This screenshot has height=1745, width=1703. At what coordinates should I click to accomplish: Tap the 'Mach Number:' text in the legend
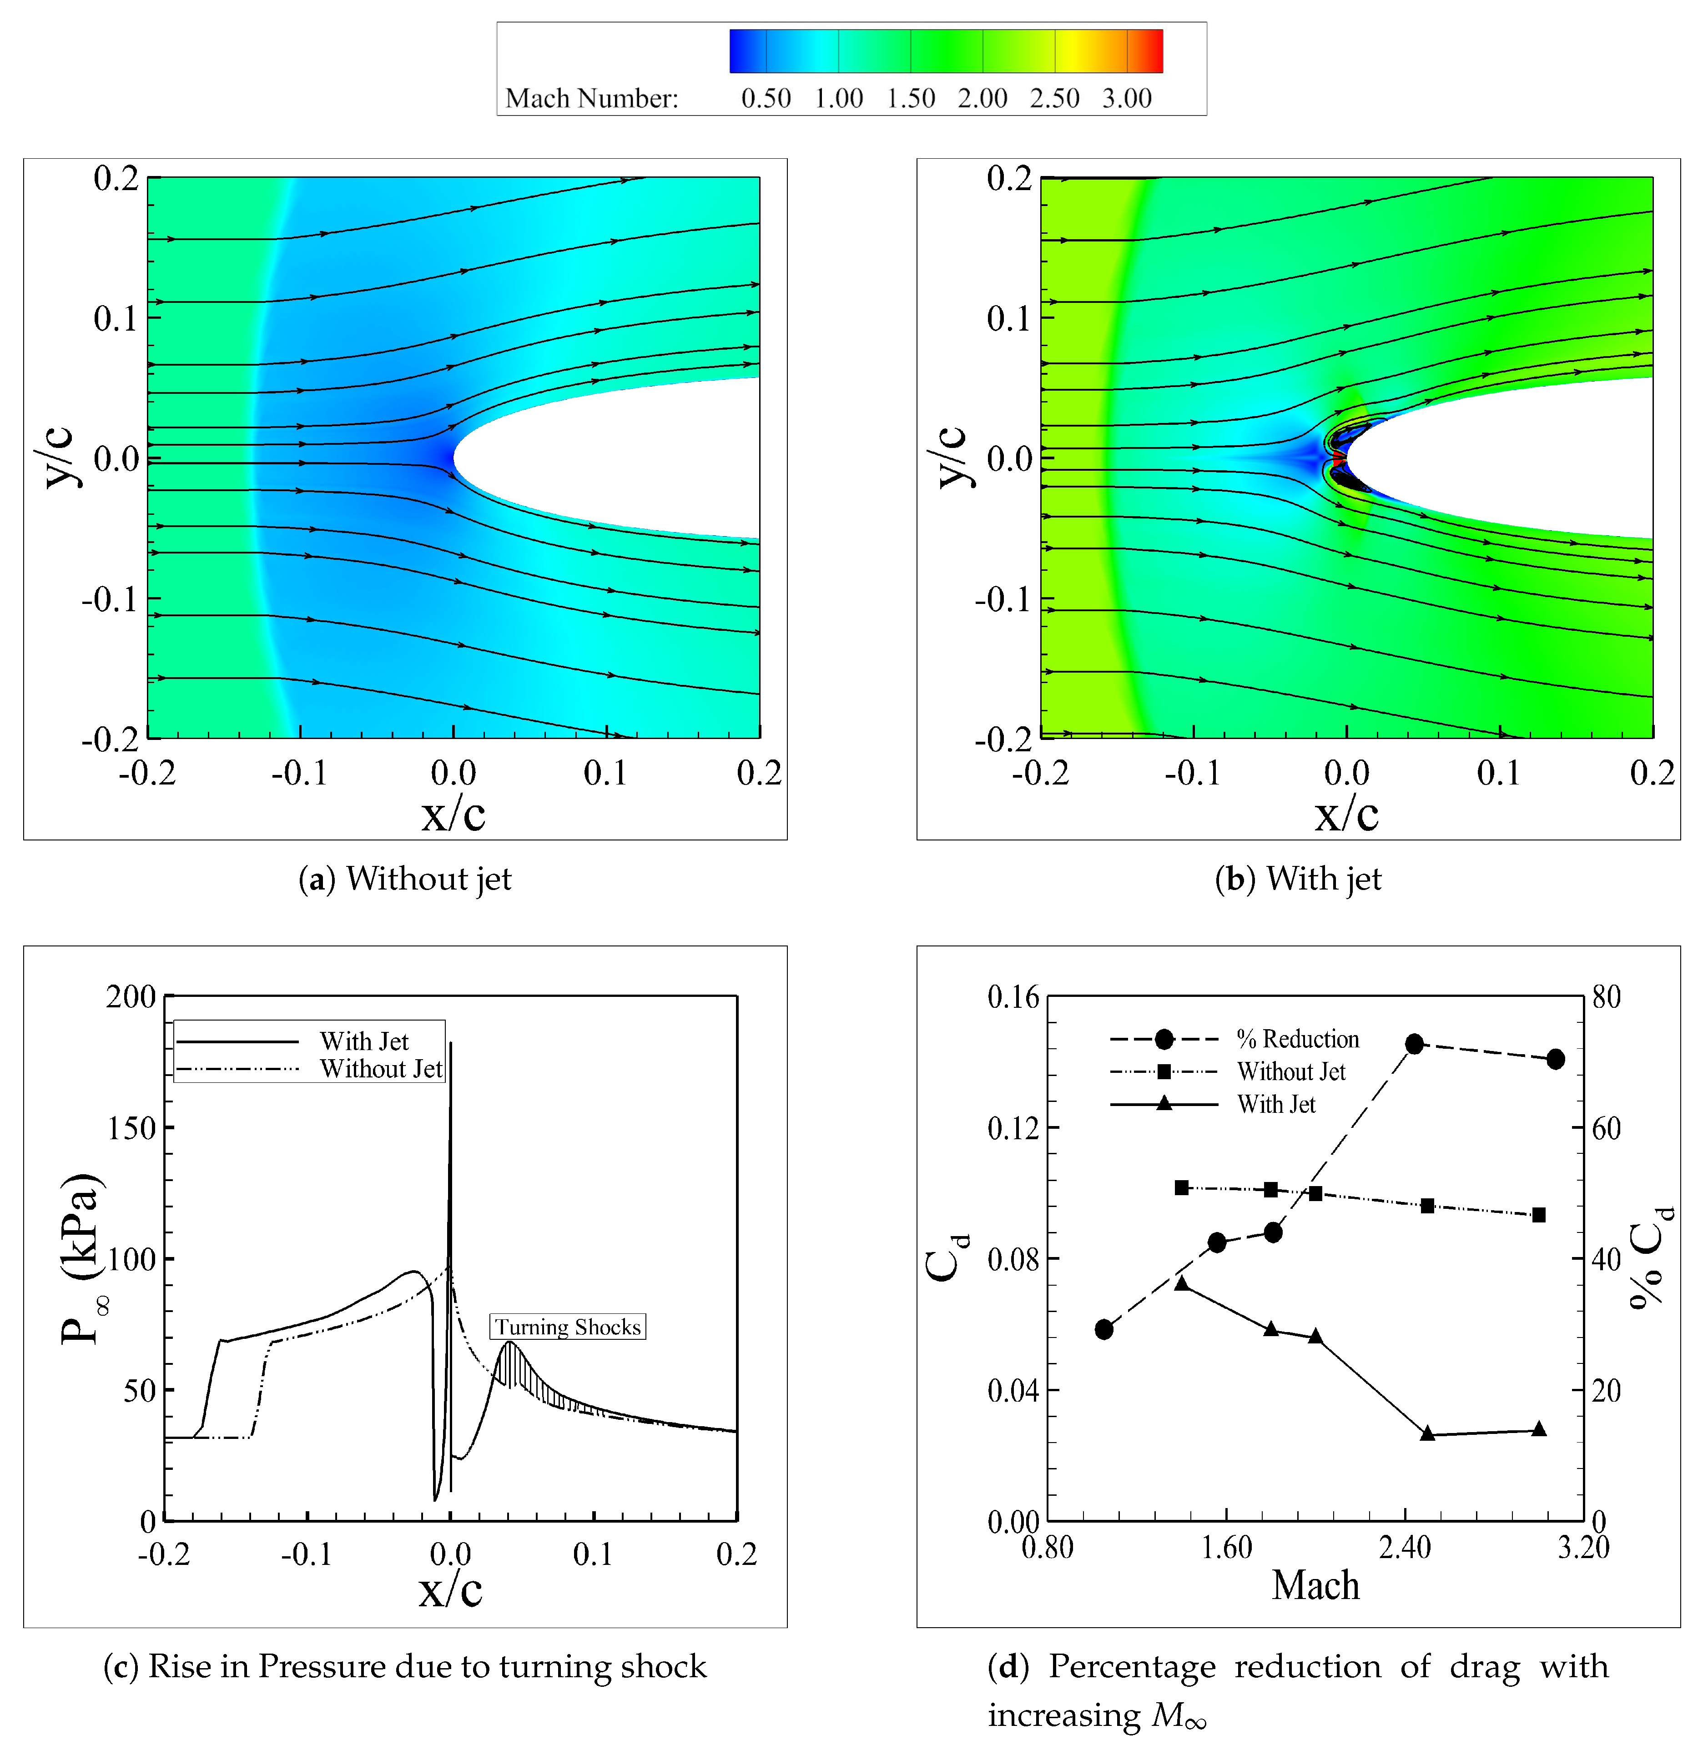(x=591, y=98)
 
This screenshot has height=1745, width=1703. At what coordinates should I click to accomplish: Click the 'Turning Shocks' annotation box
(x=567, y=1327)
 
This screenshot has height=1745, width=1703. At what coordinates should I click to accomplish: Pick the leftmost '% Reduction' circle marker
(x=1104, y=1329)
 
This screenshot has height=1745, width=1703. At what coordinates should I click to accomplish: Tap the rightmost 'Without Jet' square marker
(x=1538, y=1215)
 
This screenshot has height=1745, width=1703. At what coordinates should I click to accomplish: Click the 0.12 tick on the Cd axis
(x=1013, y=1128)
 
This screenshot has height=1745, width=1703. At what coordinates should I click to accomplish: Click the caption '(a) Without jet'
(x=405, y=879)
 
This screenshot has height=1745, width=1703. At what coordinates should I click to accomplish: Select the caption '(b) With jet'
(x=1298, y=879)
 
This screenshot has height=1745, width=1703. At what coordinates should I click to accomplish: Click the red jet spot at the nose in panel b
(x=1339, y=459)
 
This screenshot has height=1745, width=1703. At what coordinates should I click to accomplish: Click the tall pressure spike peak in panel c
(x=451, y=1045)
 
